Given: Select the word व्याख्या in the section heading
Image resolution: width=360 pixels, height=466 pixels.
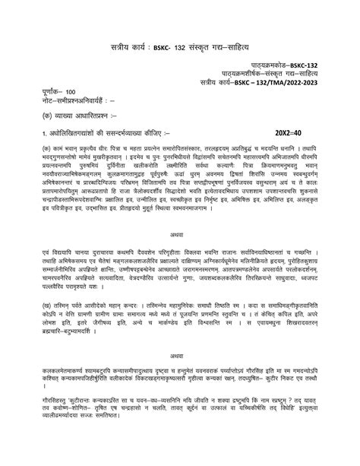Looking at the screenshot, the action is pos(62,116).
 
